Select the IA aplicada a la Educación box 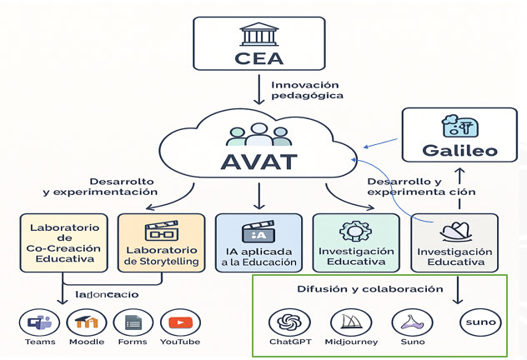point(258,242)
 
